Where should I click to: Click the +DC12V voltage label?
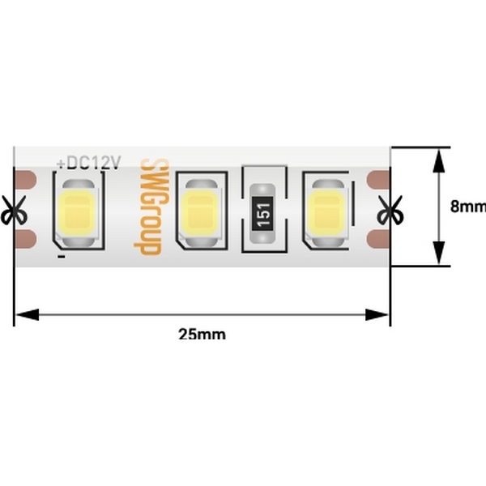[x=89, y=163]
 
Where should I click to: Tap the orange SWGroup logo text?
[x=152, y=207]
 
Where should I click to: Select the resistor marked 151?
[x=262, y=213]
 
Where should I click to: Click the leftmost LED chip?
[x=78, y=214]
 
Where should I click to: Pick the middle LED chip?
[x=201, y=214]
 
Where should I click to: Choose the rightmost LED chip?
[x=328, y=214]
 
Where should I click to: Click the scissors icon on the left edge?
[x=14, y=210]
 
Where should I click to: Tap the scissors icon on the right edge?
[x=390, y=210]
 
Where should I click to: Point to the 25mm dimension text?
[x=202, y=335]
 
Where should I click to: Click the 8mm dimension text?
[x=468, y=207]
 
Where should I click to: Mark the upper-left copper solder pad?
[x=26, y=180]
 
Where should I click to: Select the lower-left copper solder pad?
[x=26, y=239]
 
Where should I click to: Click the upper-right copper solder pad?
[x=377, y=180]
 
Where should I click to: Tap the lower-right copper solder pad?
[x=377, y=239]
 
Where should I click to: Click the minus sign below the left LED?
[x=62, y=256]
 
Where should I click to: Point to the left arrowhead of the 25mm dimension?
[x=28, y=314]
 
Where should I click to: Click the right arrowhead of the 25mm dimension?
[x=377, y=314]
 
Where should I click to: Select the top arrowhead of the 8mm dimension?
[x=438, y=161]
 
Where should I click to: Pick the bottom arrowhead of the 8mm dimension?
[x=438, y=253]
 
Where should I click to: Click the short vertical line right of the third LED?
[x=353, y=203]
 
